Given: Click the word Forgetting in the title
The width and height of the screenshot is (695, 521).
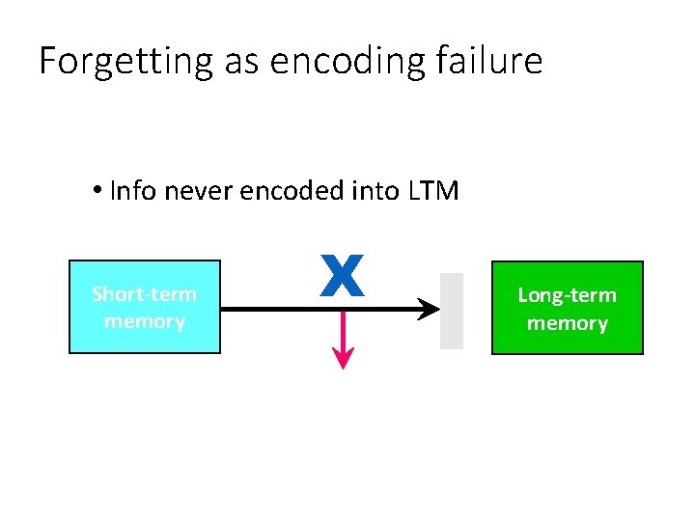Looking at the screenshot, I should [125, 62].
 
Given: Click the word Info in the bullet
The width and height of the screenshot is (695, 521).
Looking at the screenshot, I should [134, 191].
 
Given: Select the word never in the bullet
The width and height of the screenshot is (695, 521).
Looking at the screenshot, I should [199, 191].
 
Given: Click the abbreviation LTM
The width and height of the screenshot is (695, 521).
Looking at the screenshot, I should [433, 191].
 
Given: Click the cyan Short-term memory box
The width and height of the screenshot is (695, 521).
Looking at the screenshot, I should [145, 307].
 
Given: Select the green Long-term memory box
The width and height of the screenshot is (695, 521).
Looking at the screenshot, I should [567, 308].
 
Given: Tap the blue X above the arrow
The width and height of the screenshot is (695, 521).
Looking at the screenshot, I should [343, 275].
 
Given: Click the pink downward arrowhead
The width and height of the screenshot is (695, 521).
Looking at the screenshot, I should [343, 358].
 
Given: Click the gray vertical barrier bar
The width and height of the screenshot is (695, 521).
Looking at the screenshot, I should [451, 310].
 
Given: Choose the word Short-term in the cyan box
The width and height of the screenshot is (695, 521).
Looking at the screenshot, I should [144, 294].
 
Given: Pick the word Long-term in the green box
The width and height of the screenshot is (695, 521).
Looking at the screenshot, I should [567, 295].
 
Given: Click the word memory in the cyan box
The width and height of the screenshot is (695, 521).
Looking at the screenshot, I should [144, 321].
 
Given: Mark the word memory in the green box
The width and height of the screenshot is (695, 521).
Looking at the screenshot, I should [567, 323].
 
